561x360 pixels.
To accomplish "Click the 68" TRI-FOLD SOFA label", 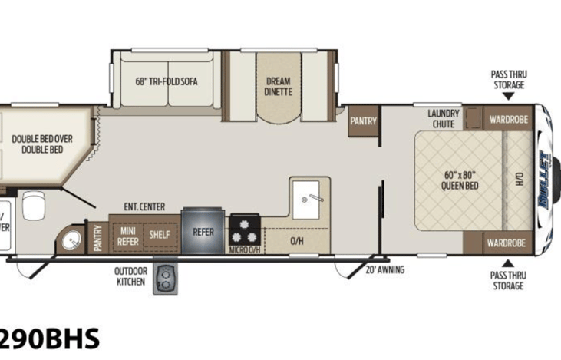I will [x=163, y=81].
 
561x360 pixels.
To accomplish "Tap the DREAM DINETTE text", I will [x=279, y=86].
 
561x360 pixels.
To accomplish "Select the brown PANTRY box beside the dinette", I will [x=362, y=121].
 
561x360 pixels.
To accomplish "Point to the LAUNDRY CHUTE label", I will [x=443, y=119].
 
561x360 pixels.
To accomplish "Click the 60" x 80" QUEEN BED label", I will [x=461, y=180].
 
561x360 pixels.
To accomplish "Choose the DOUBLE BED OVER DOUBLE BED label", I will [x=42, y=144].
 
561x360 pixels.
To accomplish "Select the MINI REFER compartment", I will [x=127, y=236].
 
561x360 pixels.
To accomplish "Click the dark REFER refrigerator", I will [x=203, y=231].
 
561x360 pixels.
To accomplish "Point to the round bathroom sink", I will [x=72, y=240].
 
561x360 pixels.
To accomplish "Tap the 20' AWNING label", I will [x=384, y=269].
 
